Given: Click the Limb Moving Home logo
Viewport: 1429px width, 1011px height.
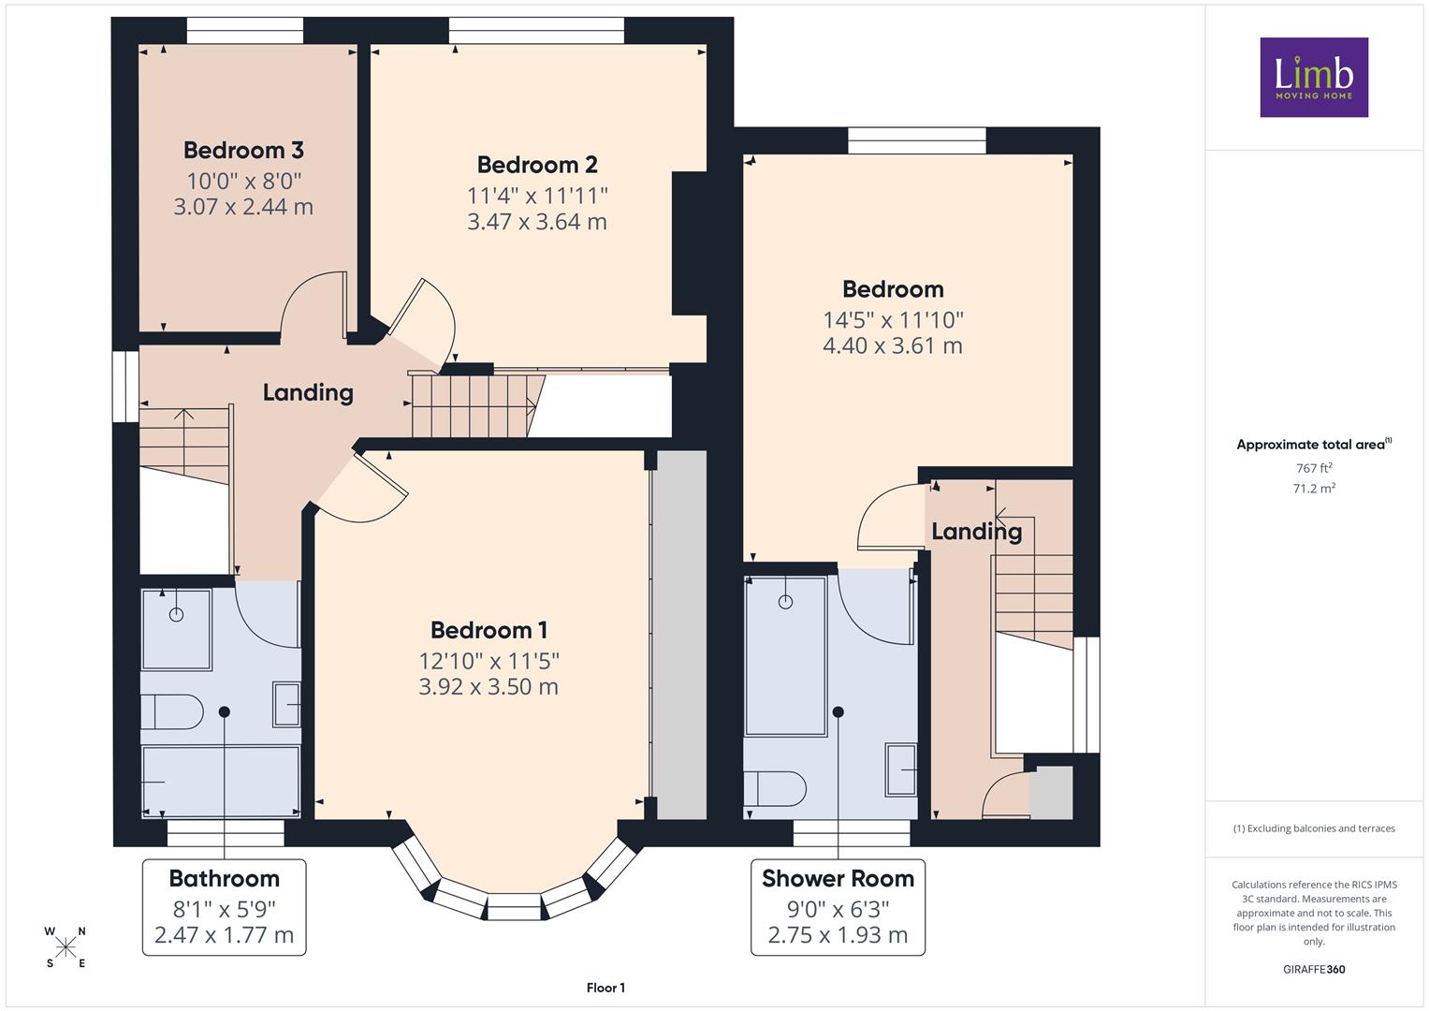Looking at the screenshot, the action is click(x=1314, y=77).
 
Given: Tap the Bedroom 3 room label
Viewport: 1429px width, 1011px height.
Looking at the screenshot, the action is click(x=243, y=150).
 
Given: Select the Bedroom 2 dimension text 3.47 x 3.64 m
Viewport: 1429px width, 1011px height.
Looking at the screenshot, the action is click(x=537, y=222).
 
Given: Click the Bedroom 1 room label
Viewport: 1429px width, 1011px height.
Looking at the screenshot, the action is click(x=488, y=630).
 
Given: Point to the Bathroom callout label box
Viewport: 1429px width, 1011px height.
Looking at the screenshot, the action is click(x=224, y=907).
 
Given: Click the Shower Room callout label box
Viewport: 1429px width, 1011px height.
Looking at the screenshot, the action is click(x=838, y=907).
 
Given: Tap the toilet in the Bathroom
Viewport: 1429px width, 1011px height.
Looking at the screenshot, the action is click(x=171, y=711).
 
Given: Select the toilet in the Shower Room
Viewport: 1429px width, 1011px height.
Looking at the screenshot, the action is click(x=775, y=789).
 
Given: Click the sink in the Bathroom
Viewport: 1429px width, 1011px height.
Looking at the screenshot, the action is click(x=287, y=705).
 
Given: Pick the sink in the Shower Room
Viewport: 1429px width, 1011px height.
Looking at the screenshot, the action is click(x=901, y=769).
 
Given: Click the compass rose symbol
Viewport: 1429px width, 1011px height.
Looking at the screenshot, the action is click(x=66, y=947).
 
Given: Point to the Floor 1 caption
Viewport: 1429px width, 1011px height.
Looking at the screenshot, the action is click(x=605, y=988).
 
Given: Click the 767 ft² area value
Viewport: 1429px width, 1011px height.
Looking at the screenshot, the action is click(x=1314, y=468).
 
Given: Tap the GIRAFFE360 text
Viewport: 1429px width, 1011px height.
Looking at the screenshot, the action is click(x=1314, y=969).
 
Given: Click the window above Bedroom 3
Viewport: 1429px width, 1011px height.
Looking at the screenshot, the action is click(x=245, y=31).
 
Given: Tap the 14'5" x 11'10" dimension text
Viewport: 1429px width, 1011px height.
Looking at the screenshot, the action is click(x=893, y=319).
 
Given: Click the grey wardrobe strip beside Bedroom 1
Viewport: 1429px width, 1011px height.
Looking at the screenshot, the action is click(x=681, y=635).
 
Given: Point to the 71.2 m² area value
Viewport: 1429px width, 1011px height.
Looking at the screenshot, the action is click(x=1314, y=489).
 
